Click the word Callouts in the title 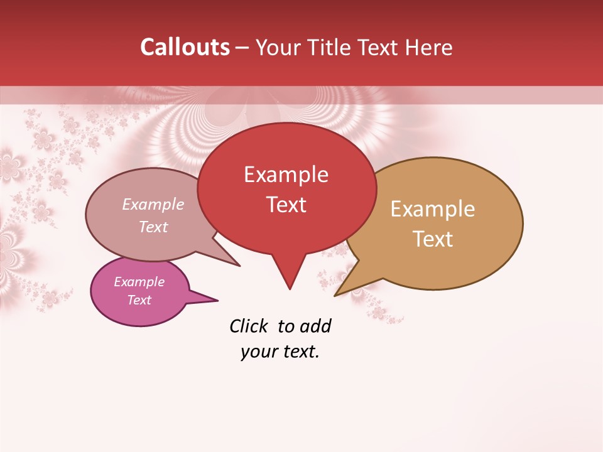tap(185, 47)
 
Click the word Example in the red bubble tap(286, 175)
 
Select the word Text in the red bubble tap(286, 205)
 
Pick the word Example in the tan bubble tap(433, 209)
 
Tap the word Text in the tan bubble tap(433, 239)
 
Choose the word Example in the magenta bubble tap(139, 282)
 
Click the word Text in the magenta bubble tap(139, 300)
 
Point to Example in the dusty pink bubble tap(153, 204)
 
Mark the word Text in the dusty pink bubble tap(153, 227)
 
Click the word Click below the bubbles tap(248, 326)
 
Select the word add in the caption tap(315, 326)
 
